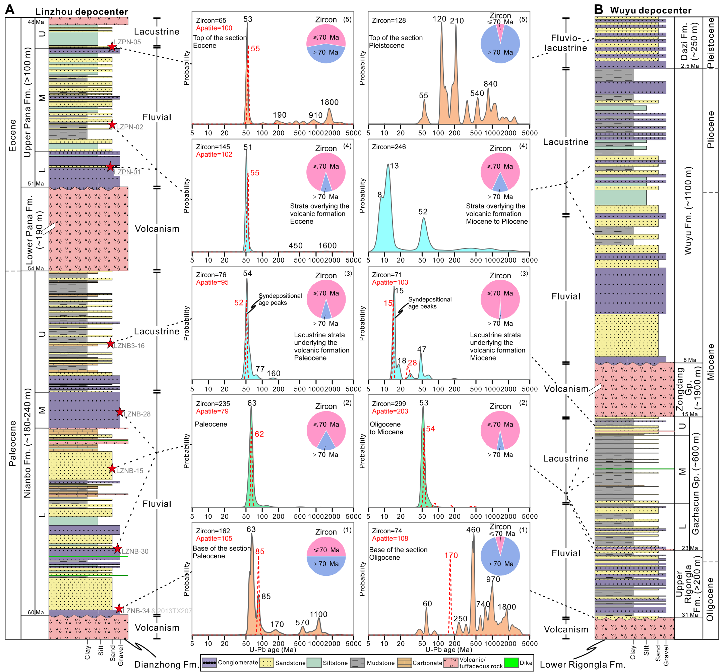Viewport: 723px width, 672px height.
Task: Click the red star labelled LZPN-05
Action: pos(112,47)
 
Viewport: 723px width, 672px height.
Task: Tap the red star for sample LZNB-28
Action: pos(120,412)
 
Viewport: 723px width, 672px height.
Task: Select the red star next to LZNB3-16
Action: pos(110,344)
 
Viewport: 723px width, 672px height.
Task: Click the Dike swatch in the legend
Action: pos(511,663)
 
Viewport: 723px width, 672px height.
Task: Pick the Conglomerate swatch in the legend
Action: pos(209,663)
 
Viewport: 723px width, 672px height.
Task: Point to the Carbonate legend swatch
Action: pos(404,663)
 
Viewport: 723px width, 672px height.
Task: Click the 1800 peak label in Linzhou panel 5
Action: pos(329,103)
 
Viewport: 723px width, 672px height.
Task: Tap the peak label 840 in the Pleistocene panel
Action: pos(490,84)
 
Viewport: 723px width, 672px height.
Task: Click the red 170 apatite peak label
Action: pos(451,556)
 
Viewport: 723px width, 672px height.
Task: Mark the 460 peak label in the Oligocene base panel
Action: pos(473,530)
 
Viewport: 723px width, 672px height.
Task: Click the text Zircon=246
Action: pos(388,147)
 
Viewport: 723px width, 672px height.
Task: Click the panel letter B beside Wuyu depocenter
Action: pos(598,10)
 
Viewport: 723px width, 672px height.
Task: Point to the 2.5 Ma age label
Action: pos(689,66)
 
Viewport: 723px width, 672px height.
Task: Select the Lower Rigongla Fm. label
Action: pos(582,664)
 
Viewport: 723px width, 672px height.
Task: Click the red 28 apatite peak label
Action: pos(412,362)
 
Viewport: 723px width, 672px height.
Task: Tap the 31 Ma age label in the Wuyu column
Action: pos(689,615)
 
